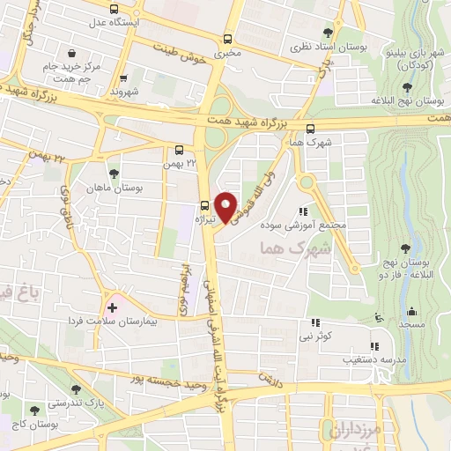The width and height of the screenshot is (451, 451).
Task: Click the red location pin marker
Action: click(x=226, y=206)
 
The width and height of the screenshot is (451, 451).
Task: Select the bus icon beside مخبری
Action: click(x=229, y=39)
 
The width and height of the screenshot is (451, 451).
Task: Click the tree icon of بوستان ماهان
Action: click(x=115, y=173)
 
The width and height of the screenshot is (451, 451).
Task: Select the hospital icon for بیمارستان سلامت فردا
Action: click(x=111, y=308)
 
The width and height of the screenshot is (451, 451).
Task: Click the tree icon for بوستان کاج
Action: click(x=34, y=410)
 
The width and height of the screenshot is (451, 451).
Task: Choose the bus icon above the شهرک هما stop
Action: click(x=310, y=129)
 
